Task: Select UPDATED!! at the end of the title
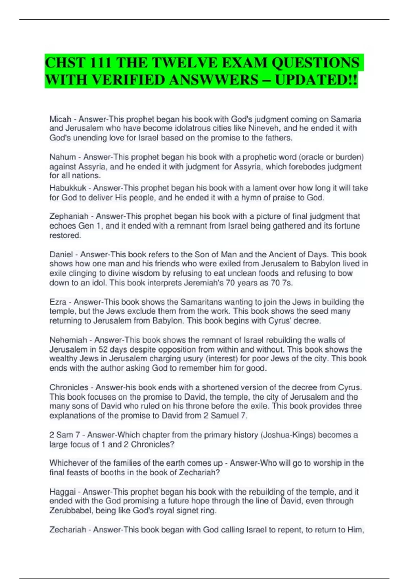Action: click(x=316, y=80)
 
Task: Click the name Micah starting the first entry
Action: click(x=60, y=119)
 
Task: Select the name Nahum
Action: click(x=62, y=157)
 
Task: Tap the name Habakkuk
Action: click(x=68, y=188)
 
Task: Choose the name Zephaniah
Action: click(x=69, y=216)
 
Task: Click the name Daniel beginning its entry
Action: click(x=61, y=255)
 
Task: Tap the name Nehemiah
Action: click(x=68, y=340)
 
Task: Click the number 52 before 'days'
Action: click(x=103, y=349)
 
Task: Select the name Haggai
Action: click(x=63, y=492)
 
